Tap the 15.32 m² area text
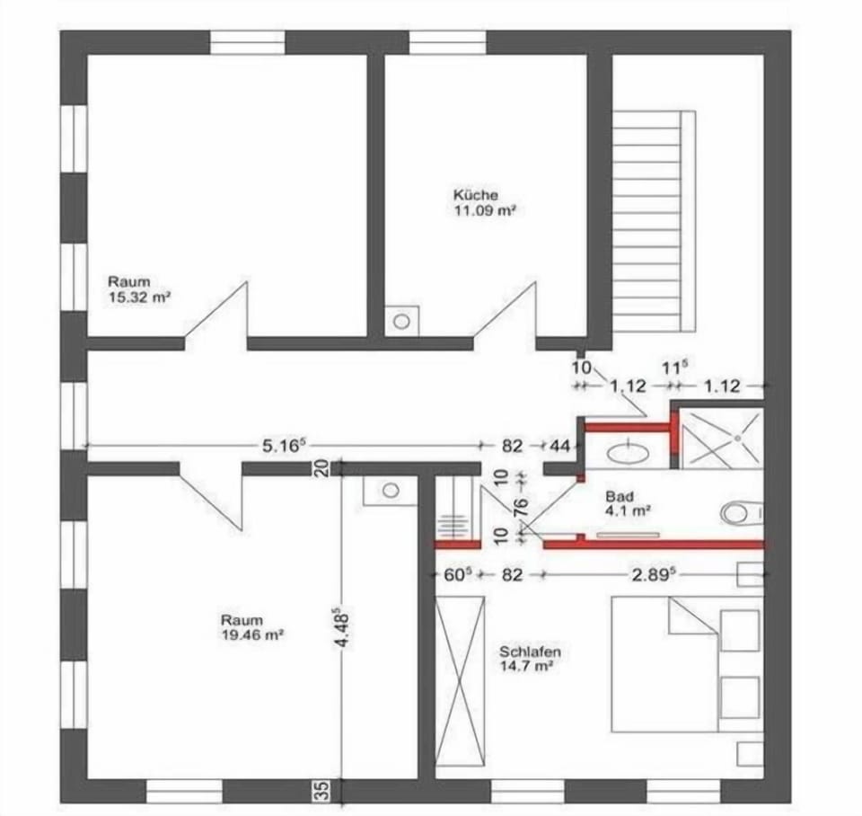(x=140, y=298)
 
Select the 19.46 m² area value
(x=252, y=635)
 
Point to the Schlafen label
(x=530, y=652)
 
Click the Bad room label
(x=619, y=496)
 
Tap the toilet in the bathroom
(x=742, y=513)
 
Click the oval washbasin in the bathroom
(x=628, y=454)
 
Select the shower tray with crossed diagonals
(x=721, y=438)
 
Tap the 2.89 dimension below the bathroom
(x=653, y=575)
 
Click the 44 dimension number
(x=560, y=446)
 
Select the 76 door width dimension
(x=521, y=506)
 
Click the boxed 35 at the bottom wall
(x=324, y=790)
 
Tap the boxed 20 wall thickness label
(x=323, y=467)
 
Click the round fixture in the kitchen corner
(x=402, y=321)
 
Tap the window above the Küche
(x=447, y=42)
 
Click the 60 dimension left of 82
(x=457, y=575)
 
